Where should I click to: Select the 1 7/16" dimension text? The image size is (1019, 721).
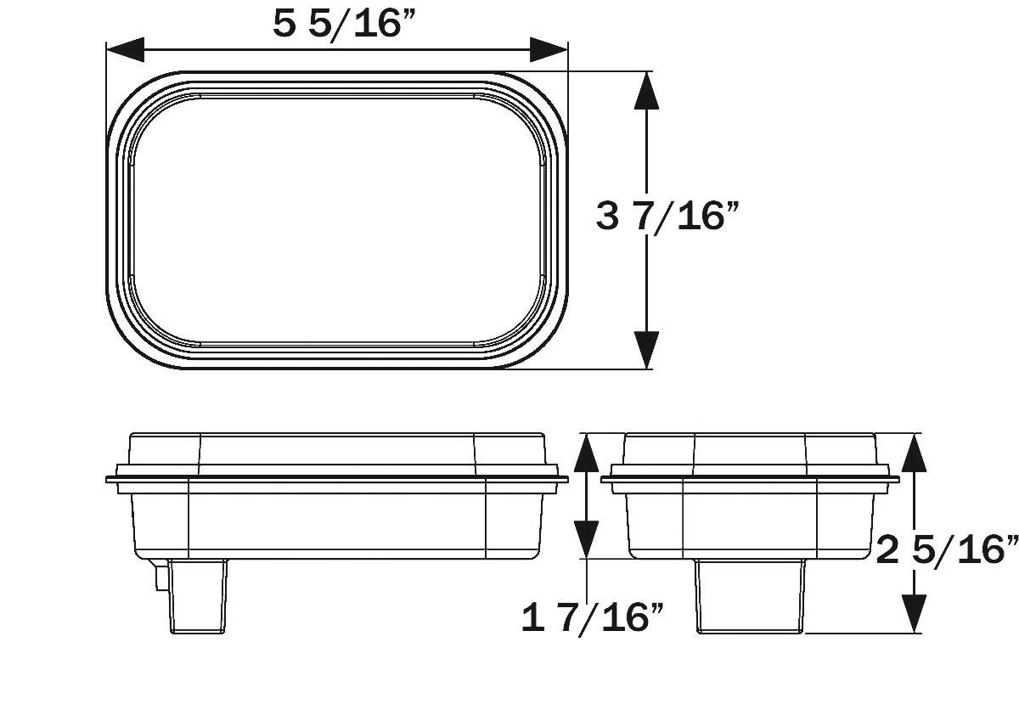click(x=592, y=617)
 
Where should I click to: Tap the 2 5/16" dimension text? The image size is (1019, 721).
click(x=947, y=550)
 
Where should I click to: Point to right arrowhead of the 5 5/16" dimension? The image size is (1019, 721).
click(x=549, y=49)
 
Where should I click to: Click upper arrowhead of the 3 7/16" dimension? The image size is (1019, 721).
click(x=647, y=92)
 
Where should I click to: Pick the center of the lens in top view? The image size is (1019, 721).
click(x=337, y=220)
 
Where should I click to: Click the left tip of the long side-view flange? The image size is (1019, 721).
click(x=109, y=479)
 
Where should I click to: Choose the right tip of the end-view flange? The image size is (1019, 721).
click(x=897, y=479)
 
